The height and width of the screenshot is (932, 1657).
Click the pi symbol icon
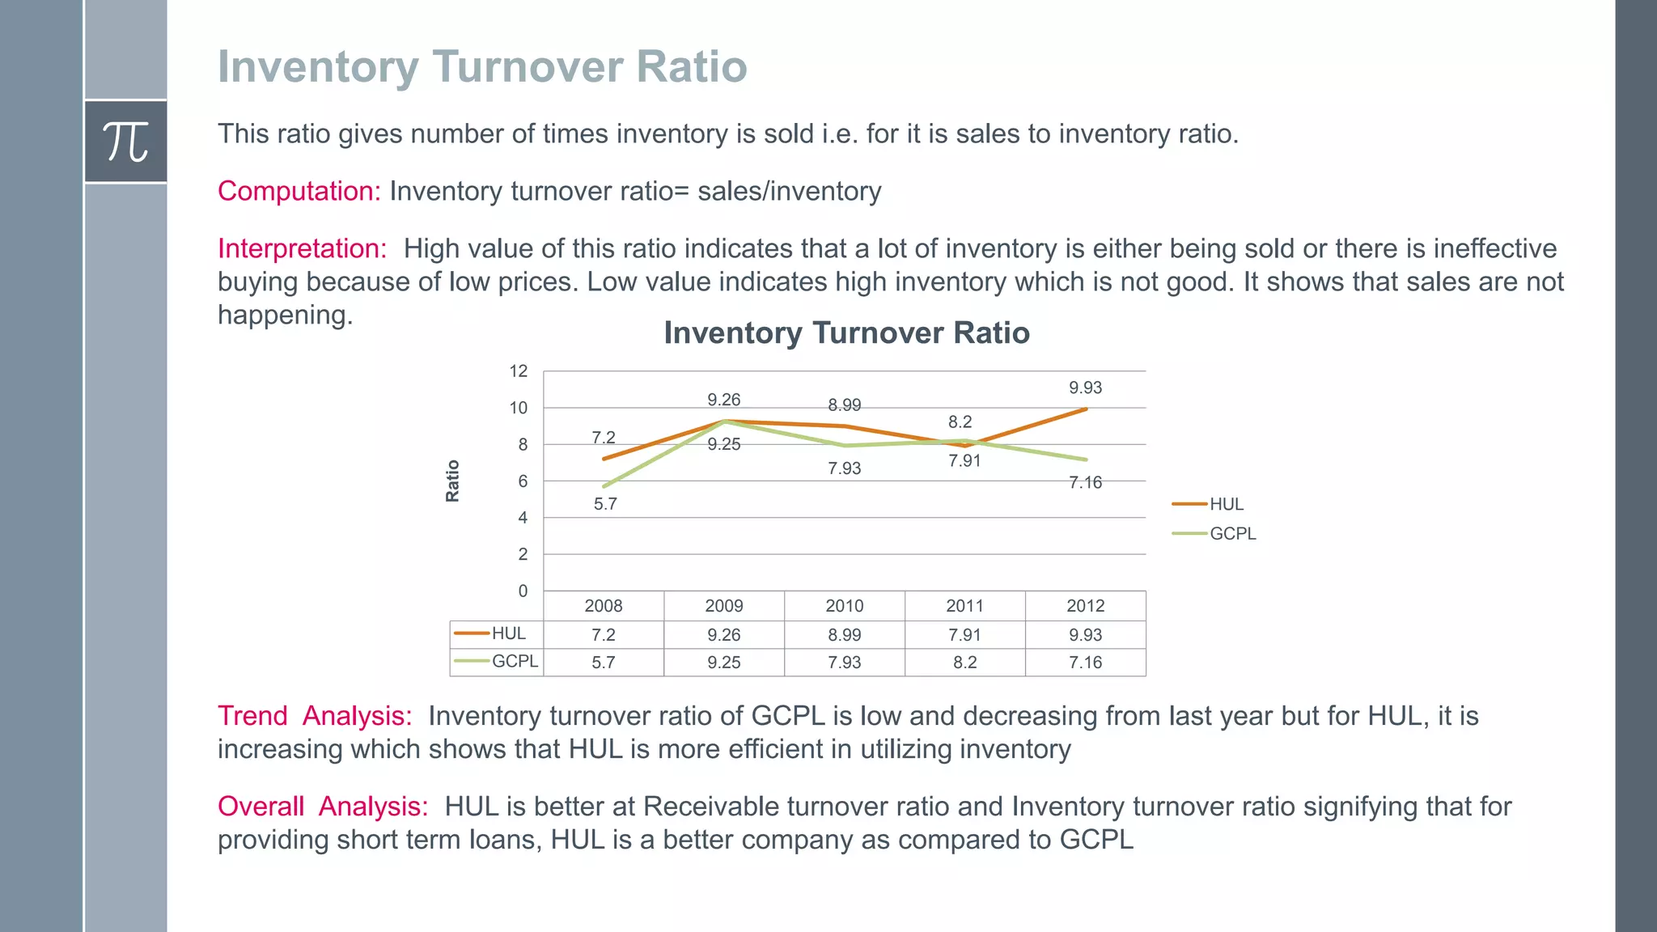tap(125, 142)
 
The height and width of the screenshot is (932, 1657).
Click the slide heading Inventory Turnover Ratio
tap(481, 66)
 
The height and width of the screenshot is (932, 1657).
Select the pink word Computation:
tap(299, 191)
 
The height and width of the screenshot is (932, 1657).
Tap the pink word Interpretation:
tap(303, 248)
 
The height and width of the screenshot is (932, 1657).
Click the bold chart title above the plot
tap(846, 333)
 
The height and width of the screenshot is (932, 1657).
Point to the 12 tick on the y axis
tap(518, 371)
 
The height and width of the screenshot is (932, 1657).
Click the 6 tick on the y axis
tap(523, 481)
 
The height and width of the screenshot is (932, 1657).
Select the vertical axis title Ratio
tap(452, 481)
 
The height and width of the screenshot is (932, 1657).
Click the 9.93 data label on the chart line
tap(1085, 388)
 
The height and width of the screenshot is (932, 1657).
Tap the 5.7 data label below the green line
tap(605, 504)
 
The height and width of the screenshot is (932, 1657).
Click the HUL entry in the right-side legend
tap(1226, 504)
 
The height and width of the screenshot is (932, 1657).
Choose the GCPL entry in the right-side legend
tap(1232, 534)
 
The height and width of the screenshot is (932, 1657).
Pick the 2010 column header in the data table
tap(844, 606)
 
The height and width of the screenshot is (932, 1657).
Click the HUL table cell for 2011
tap(964, 635)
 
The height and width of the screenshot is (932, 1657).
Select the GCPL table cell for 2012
tap(1085, 663)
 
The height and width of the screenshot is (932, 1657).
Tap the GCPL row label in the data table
tap(514, 661)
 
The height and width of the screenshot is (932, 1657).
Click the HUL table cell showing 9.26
tap(723, 635)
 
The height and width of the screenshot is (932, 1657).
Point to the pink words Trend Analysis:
tap(315, 716)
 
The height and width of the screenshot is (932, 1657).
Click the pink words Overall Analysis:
tap(323, 807)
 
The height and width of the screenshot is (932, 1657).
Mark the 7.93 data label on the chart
tap(844, 468)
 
